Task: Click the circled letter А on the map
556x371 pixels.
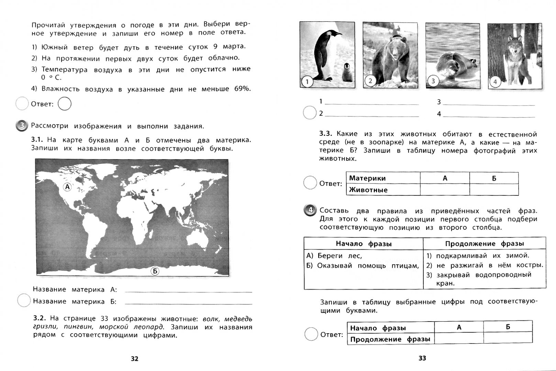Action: click(x=67, y=187)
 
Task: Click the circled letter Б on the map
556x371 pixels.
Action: click(x=155, y=271)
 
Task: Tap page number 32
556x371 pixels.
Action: click(x=134, y=359)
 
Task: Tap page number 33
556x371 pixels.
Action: click(x=422, y=358)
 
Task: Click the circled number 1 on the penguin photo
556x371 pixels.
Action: click(x=307, y=82)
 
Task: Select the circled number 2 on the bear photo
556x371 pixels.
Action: click(x=370, y=81)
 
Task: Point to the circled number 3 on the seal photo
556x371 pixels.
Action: click(x=433, y=81)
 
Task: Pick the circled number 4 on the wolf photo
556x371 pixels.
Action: click(x=495, y=82)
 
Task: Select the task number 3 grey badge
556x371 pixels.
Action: click(x=22, y=126)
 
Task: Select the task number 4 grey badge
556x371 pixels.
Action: click(x=310, y=210)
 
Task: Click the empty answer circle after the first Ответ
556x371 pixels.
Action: click(x=65, y=104)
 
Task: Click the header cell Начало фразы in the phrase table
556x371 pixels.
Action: click(x=364, y=244)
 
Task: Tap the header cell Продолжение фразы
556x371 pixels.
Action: click(x=485, y=244)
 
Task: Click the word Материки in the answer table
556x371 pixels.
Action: click(x=367, y=178)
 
